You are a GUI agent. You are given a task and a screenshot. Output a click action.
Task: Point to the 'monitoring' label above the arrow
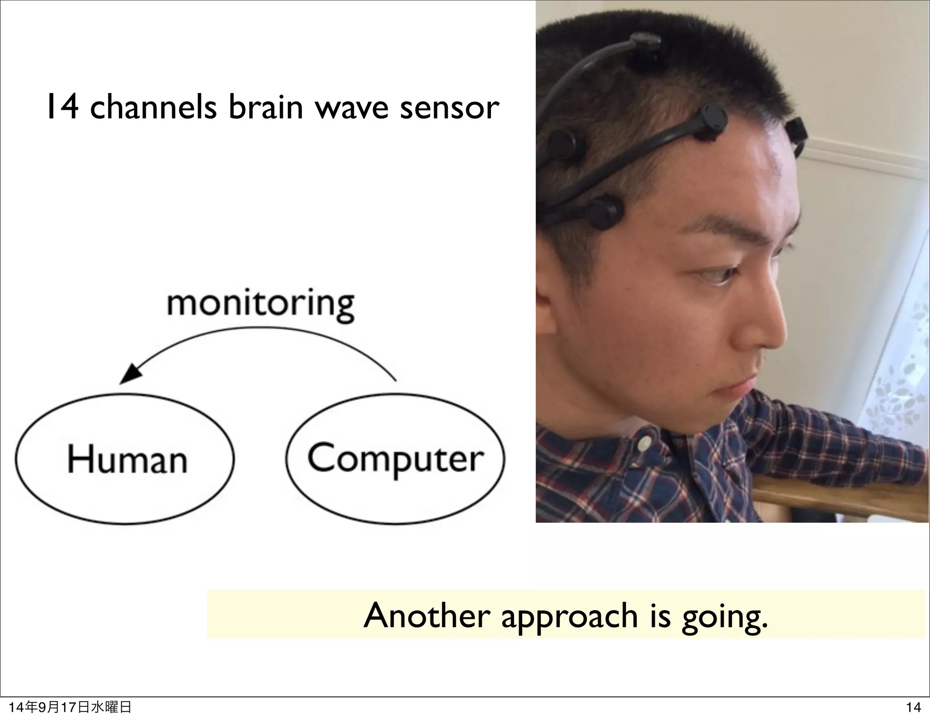(x=260, y=305)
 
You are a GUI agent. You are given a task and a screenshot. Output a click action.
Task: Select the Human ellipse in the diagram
(x=125, y=460)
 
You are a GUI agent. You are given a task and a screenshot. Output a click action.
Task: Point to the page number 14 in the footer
(x=913, y=707)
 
